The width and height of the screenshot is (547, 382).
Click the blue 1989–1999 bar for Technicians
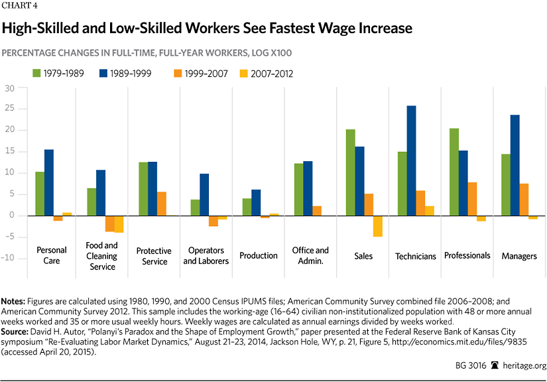coord(411,160)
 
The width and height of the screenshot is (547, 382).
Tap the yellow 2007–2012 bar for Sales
coord(377,226)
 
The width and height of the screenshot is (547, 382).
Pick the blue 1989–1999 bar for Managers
coord(515,165)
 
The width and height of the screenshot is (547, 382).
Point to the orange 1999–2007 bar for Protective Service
coord(162,204)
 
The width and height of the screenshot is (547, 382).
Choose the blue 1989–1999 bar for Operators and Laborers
coord(204,194)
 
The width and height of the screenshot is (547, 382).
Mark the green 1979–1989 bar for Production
coord(246,207)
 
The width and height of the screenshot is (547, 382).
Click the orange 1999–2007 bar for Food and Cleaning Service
coord(110,223)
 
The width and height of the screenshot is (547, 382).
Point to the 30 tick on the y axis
coord(9,88)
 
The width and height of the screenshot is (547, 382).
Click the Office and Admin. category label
coord(310,255)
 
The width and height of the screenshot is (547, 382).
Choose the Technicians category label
coord(415,256)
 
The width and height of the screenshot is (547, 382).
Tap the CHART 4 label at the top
coord(21,8)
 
